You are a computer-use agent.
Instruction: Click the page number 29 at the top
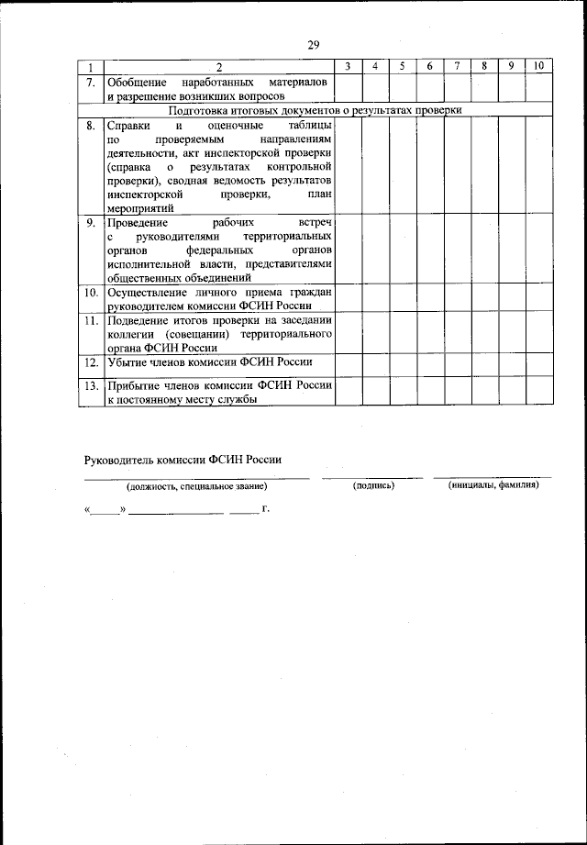coord(313,46)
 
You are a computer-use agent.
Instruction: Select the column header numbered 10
coord(538,67)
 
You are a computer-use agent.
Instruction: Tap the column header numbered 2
coord(219,67)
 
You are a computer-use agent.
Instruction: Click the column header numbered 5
coord(403,67)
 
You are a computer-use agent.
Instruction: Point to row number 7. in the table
coord(91,81)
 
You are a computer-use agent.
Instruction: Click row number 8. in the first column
coord(91,126)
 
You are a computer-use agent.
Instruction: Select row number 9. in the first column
coord(91,223)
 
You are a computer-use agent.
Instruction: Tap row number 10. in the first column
coord(91,293)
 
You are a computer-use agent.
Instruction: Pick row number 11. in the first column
coord(91,320)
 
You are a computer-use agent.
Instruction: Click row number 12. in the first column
coord(91,362)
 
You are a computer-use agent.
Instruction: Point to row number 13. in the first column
coord(91,386)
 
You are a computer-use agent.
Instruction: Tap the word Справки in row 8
coord(126,126)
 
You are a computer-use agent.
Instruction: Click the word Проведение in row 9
coord(137,223)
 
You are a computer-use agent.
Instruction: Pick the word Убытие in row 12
coord(127,362)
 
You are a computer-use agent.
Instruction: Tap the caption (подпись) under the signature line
coord(373,486)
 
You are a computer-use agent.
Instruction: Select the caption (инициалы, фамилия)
coord(493,486)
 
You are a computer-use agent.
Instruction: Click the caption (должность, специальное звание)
coord(198,487)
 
